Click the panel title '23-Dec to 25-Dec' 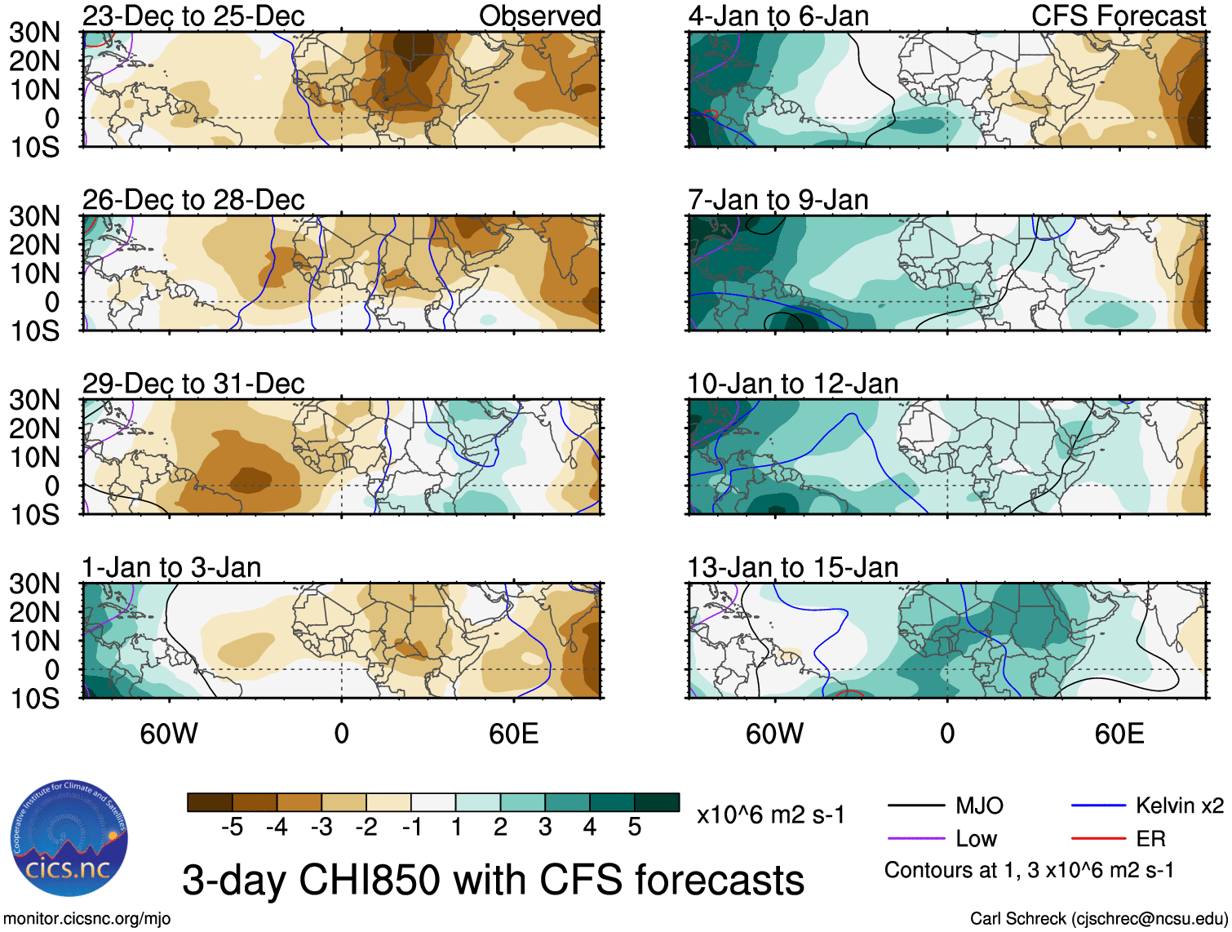[193, 16]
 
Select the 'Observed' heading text [539, 16]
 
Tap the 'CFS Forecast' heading [1119, 16]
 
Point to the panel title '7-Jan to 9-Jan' [778, 200]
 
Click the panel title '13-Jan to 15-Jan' [792, 567]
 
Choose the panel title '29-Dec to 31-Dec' [193, 384]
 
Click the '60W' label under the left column [169, 734]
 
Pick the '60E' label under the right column [1119, 734]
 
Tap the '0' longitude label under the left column [342, 734]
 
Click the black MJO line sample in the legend [916, 806]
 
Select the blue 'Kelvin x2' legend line [1098, 806]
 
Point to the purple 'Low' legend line [916, 838]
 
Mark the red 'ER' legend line [1098, 838]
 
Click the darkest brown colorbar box [210, 802]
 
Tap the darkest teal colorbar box [657, 802]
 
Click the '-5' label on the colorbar [232, 828]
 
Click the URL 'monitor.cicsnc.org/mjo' [87, 919]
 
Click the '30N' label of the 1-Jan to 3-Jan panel [35, 584]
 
